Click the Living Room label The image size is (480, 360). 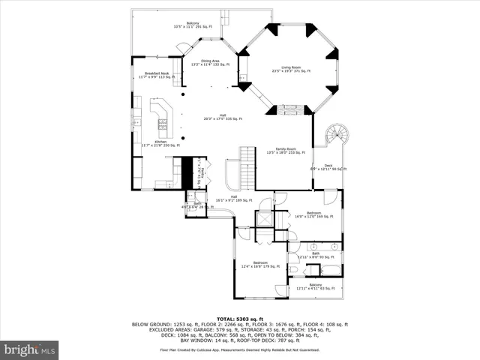pyautogui.click(x=290, y=70)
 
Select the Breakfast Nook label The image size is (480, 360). pyautogui.click(x=156, y=75)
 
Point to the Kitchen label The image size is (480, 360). pyautogui.click(x=161, y=143)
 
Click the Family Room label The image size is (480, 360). pyautogui.click(x=286, y=151)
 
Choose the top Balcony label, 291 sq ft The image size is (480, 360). pyautogui.click(x=193, y=25)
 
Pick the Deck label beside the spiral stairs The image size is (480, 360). pyautogui.click(x=328, y=166)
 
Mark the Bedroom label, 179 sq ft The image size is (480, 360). pyautogui.click(x=260, y=264)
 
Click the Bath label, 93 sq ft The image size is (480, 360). pyautogui.click(x=314, y=256)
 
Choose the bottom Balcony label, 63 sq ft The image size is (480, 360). pyautogui.click(x=315, y=286)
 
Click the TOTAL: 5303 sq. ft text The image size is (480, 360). pyautogui.click(x=239, y=319)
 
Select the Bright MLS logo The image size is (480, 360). pyautogui.click(x=30, y=349)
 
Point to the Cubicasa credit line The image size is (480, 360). pyautogui.click(x=239, y=349)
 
